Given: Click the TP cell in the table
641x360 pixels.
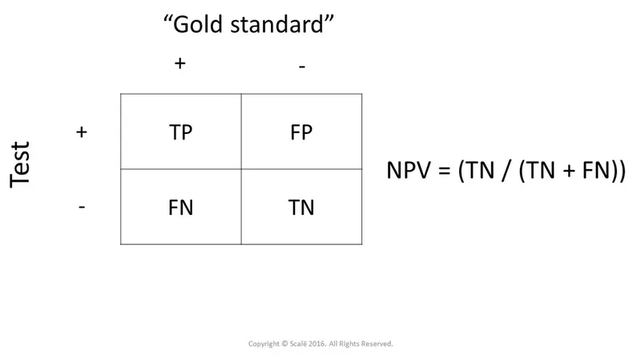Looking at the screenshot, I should [x=181, y=132].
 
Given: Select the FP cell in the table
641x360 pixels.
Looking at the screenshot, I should [x=301, y=132].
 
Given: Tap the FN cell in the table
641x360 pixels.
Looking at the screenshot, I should [x=181, y=208].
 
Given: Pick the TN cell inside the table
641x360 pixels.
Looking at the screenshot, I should [x=301, y=208].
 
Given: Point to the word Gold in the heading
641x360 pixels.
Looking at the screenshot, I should [x=200, y=26].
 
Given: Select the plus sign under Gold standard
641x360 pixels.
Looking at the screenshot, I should [x=180, y=64].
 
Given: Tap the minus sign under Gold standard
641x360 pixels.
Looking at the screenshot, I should [x=301, y=67].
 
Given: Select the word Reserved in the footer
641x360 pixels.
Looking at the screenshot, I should [x=377, y=343].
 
